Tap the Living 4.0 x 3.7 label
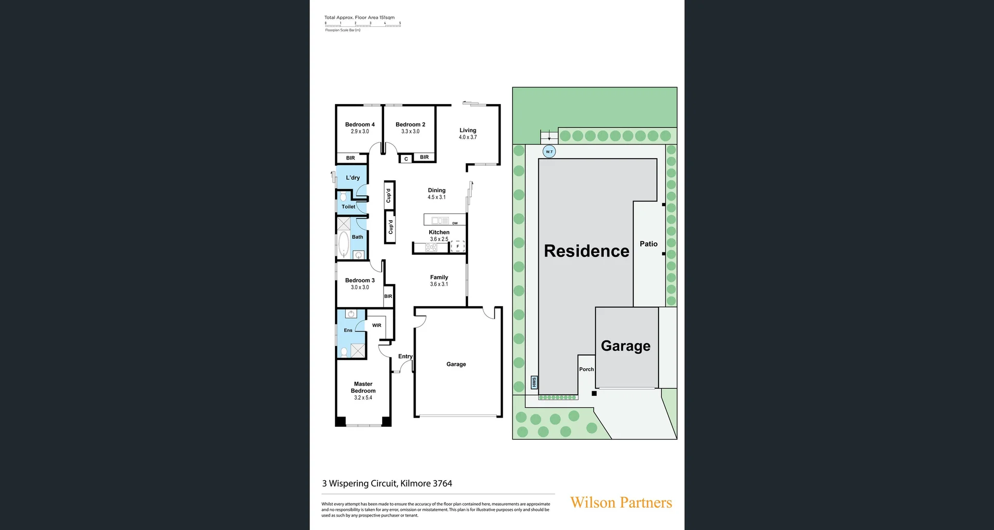tap(467, 134)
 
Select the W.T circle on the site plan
tap(549, 152)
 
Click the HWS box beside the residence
tap(534, 382)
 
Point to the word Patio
tap(648, 244)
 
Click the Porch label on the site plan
tap(586, 369)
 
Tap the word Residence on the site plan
tap(586, 251)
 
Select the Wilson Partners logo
tap(621, 503)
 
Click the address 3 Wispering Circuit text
tap(387, 483)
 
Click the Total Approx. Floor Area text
tap(359, 18)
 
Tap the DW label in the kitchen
tap(455, 223)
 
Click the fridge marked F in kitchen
tap(458, 247)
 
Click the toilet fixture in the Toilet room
tap(343, 197)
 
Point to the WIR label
tap(376, 325)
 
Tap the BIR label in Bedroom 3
tap(388, 296)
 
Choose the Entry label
tap(405, 356)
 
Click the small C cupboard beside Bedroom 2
tap(406, 159)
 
